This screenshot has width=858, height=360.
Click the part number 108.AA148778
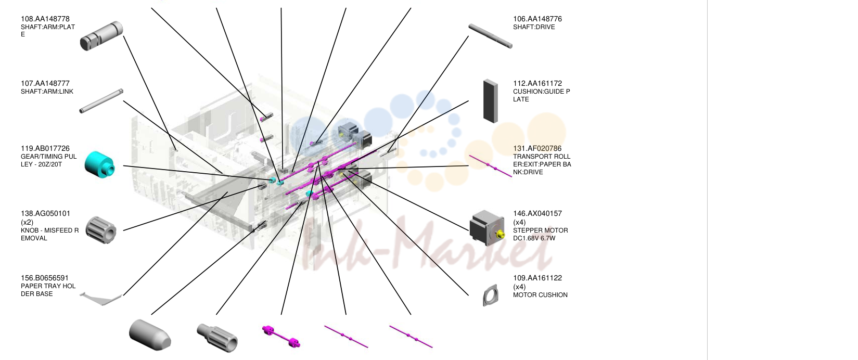click(x=45, y=19)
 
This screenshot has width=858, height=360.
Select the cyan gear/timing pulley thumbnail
click(x=99, y=165)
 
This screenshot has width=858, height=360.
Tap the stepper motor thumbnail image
click(x=487, y=227)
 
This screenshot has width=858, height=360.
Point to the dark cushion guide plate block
click(x=490, y=101)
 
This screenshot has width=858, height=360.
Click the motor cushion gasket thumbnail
click(x=491, y=295)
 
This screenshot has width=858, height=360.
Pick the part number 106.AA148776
click(x=537, y=19)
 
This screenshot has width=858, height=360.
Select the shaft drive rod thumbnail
click(x=490, y=36)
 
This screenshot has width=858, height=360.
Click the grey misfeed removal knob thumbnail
click(x=101, y=230)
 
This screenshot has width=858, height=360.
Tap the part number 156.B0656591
click(x=44, y=278)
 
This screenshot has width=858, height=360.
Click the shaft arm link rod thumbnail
click(x=101, y=101)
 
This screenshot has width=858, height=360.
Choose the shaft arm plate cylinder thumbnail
click(x=101, y=35)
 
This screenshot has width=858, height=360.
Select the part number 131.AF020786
click(x=537, y=148)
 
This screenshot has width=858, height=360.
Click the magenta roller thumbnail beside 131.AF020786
click(x=491, y=166)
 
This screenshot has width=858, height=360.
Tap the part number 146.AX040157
click(x=537, y=213)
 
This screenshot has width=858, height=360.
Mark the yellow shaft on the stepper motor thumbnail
click(x=500, y=235)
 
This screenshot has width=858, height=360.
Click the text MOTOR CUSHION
click(x=540, y=295)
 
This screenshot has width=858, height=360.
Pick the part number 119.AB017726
click(x=45, y=148)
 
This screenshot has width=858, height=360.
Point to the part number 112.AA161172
click(x=537, y=83)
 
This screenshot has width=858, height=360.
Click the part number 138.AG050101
click(x=46, y=213)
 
